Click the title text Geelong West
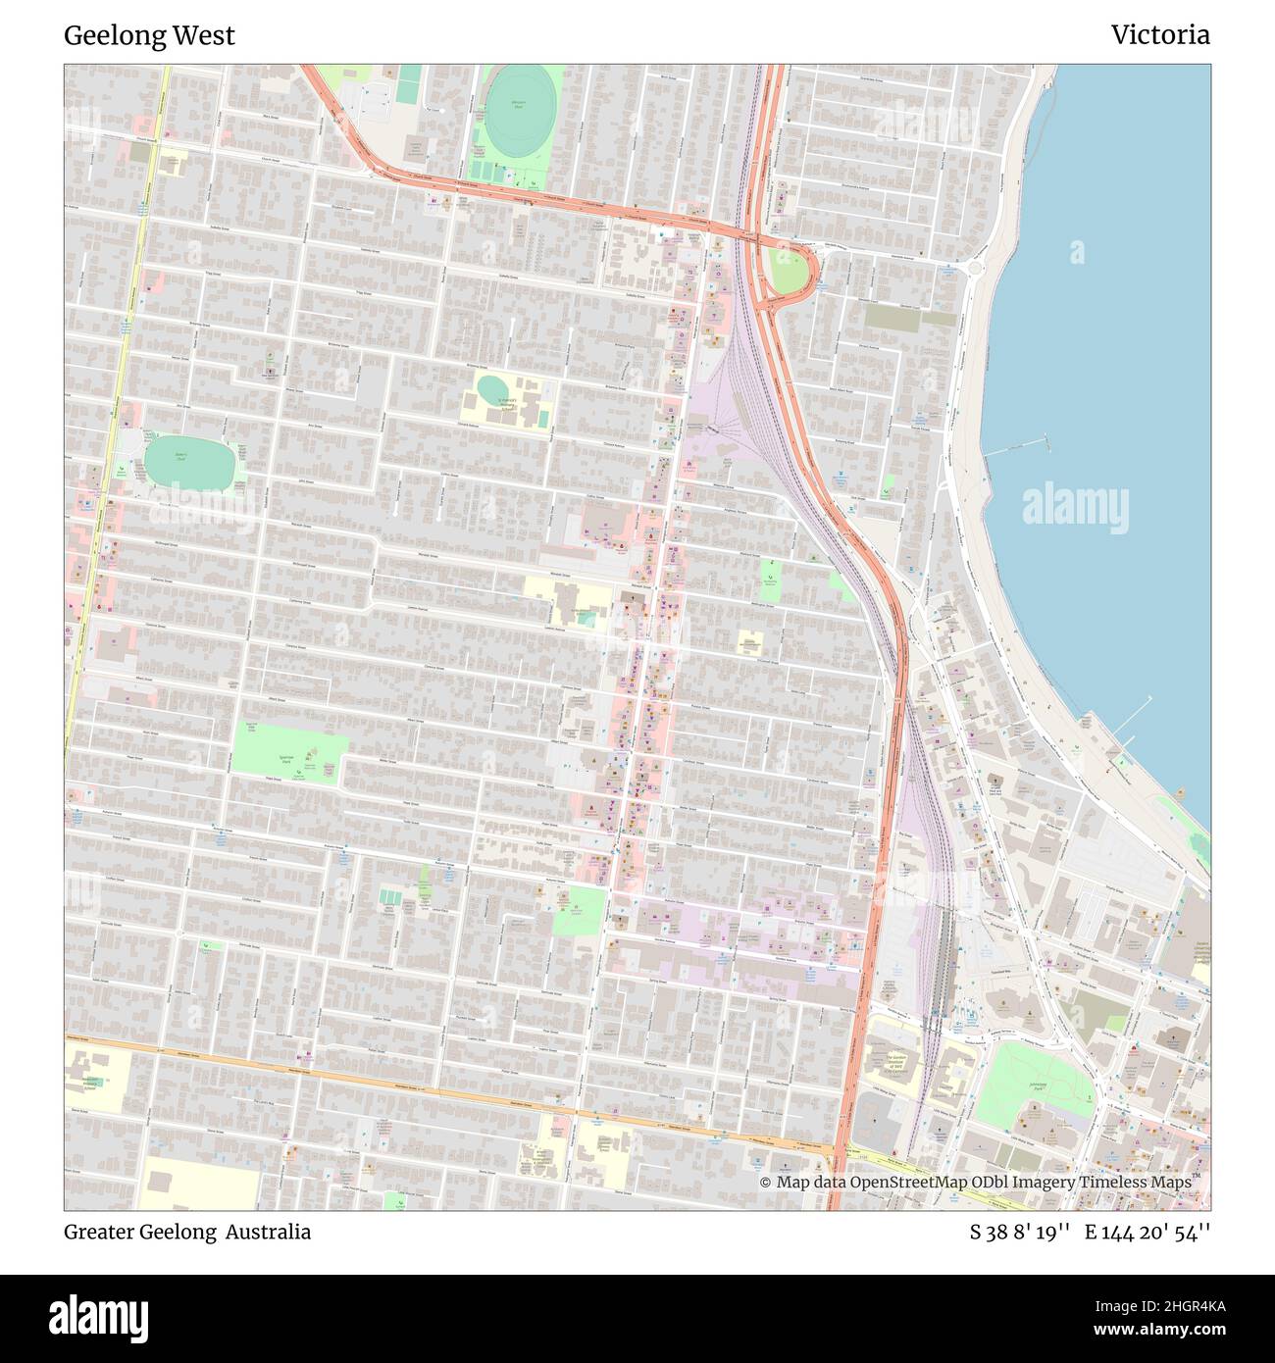[x=149, y=35]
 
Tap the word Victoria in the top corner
[x=1160, y=35]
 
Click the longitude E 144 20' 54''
[x=1147, y=1232]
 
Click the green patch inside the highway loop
[x=786, y=269]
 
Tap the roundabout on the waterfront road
[x=973, y=268]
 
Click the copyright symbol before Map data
[x=765, y=1182]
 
